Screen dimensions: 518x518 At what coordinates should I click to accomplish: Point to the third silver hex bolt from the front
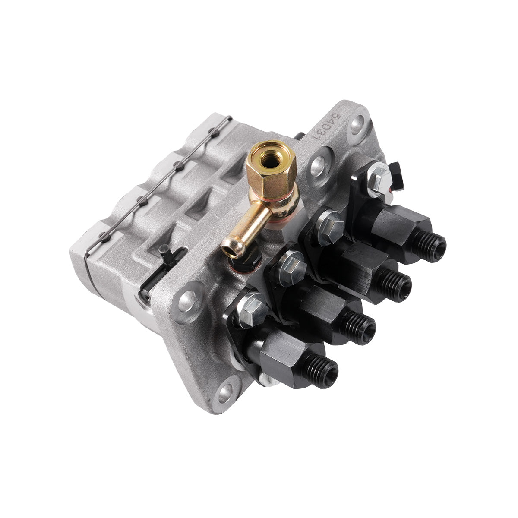click(x=330, y=222)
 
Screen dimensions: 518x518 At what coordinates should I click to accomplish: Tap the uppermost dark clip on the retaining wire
click(x=211, y=129)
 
